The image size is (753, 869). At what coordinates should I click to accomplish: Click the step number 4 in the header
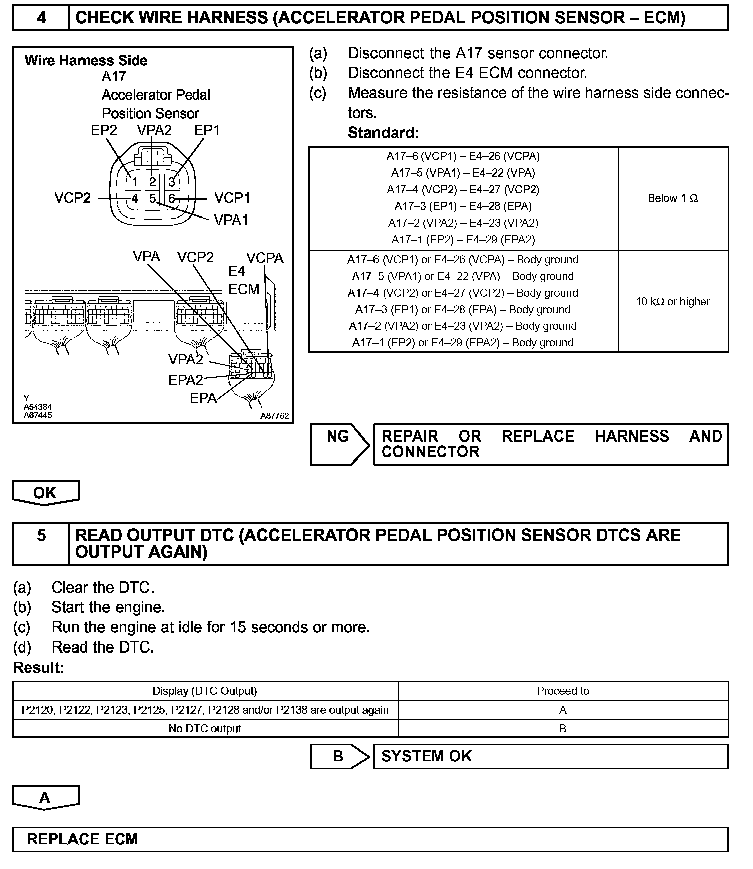pyautogui.click(x=41, y=18)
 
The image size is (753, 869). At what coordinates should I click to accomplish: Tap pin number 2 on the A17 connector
pyautogui.click(x=153, y=182)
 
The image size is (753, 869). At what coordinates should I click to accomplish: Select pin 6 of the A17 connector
pyautogui.click(x=171, y=199)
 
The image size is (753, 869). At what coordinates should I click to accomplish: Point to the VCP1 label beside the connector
pyautogui.click(x=232, y=198)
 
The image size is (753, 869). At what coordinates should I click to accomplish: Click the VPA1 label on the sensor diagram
pyautogui.click(x=231, y=220)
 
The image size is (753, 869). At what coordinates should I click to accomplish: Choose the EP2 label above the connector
pyautogui.click(x=104, y=130)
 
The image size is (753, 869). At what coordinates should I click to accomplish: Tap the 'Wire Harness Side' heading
pyautogui.click(x=86, y=61)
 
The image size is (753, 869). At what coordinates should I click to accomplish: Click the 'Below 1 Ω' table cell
pyautogui.click(x=672, y=198)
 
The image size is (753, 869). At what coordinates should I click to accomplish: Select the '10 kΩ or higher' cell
pyautogui.click(x=672, y=302)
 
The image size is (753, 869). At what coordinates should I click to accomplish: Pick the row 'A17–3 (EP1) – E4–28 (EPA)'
pyautogui.click(x=463, y=206)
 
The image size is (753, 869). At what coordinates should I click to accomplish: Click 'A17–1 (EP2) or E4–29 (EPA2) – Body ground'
pyautogui.click(x=463, y=343)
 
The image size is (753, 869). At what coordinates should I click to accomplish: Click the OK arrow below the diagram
pyautogui.click(x=45, y=493)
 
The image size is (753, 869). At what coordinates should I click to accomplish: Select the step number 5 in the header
pyautogui.click(x=41, y=536)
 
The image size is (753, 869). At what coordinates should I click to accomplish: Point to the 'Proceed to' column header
pyautogui.click(x=563, y=691)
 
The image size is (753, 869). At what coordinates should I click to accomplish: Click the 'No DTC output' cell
pyautogui.click(x=205, y=729)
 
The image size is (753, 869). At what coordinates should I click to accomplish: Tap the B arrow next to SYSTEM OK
pyautogui.click(x=339, y=756)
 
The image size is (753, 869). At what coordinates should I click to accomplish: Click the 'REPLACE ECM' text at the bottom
pyautogui.click(x=83, y=839)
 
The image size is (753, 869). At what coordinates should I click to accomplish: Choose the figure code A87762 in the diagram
pyautogui.click(x=274, y=416)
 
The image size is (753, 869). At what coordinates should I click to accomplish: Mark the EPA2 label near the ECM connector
pyautogui.click(x=186, y=380)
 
